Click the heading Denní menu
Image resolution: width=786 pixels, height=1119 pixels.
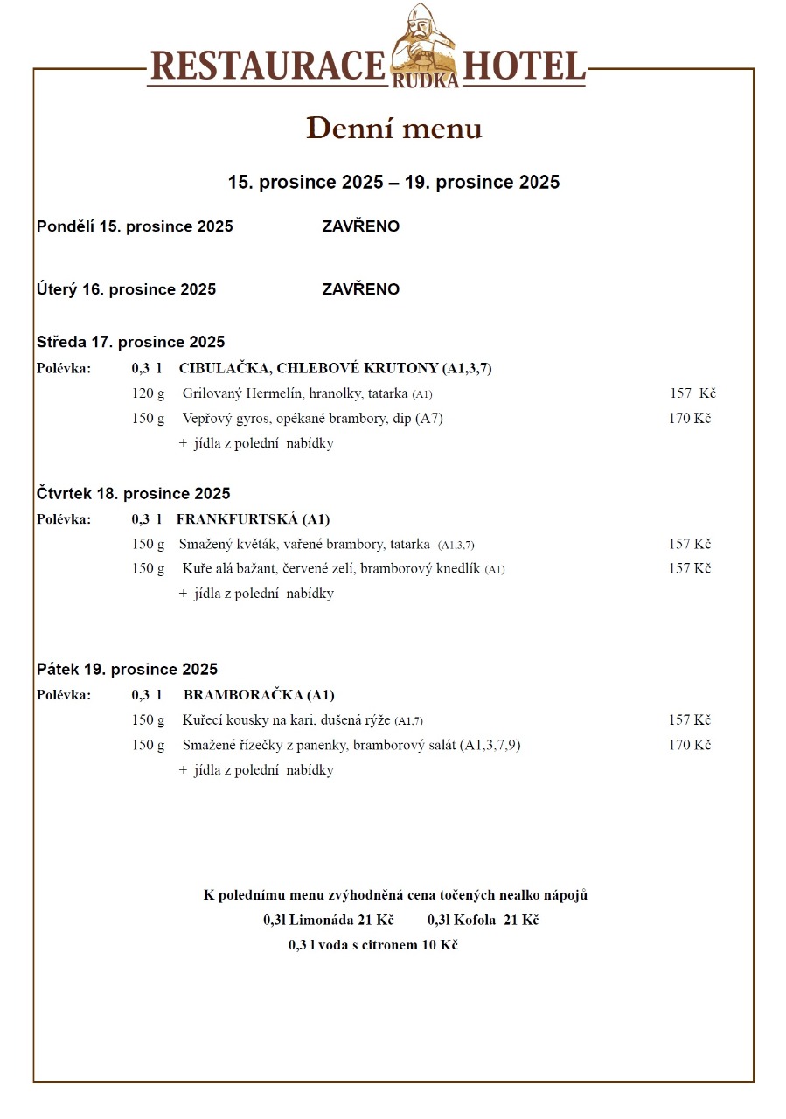[x=393, y=129]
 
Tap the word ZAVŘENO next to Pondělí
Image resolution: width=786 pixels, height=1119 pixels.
[x=360, y=226]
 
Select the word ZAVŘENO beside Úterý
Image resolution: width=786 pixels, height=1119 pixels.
[x=360, y=289]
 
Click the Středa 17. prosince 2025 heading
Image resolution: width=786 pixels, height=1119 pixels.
[x=130, y=342]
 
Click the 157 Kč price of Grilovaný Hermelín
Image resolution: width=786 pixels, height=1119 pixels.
[x=692, y=393]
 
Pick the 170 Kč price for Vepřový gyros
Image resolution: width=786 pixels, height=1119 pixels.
[x=689, y=418]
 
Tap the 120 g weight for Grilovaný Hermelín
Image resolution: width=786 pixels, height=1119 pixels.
[x=148, y=393]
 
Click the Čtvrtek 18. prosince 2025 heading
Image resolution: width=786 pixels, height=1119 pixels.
[x=133, y=494]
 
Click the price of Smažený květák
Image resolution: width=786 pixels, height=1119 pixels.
[x=689, y=544]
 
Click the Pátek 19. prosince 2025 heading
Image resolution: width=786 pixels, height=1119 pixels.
[x=127, y=670]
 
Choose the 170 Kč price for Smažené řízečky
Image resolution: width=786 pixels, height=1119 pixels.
[x=689, y=745]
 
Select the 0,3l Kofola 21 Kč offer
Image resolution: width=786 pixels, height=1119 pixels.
[x=483, y=920]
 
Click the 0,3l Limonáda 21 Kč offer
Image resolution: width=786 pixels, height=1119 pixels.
[x=328, y=920]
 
